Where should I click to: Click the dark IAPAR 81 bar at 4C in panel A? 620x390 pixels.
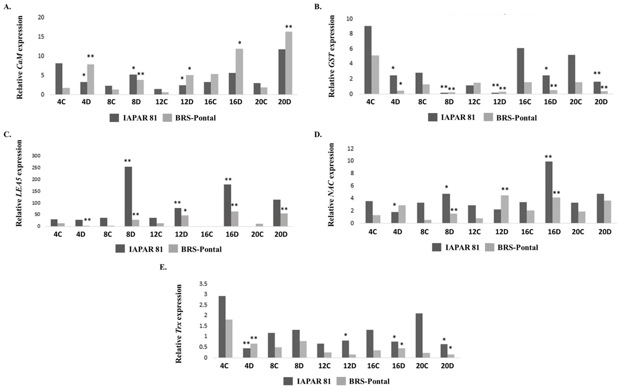tap(59, 79)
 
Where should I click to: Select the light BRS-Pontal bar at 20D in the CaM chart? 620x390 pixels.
tap(289, 63)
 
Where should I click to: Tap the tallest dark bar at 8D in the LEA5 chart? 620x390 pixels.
tap(128, 197)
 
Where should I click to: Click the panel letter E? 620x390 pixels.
tap(163, 267)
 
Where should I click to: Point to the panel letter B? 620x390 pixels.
tap(318, 7)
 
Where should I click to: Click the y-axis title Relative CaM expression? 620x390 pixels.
tap(20, 57)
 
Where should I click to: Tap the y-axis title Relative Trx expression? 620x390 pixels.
tap(178, 324)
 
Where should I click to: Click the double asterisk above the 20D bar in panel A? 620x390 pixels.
tap(289, 27)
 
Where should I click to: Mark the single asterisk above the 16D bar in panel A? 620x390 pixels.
tap(240, 42)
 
